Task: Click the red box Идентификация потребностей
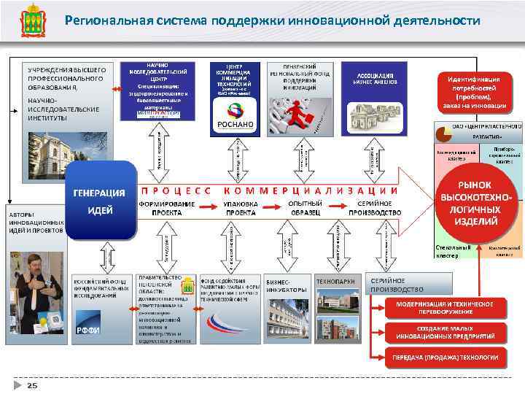click(x=474, y=92)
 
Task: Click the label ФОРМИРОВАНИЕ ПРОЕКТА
click(x=167, y=208)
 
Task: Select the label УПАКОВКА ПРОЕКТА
click(x=240, y=208)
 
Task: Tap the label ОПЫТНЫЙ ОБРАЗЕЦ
click(x=306, y=208)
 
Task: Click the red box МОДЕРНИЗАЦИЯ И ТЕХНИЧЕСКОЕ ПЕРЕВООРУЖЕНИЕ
click(x=444, y=307)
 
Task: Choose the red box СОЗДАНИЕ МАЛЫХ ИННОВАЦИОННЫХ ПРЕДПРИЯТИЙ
click(x=445, y=332)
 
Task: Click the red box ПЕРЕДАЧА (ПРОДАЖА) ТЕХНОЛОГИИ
click(x=445, y=358)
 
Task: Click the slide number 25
click(x=32, y=385)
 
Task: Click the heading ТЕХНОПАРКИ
click(x=335, y=281)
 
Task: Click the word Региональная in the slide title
click(x=110, y=20)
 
